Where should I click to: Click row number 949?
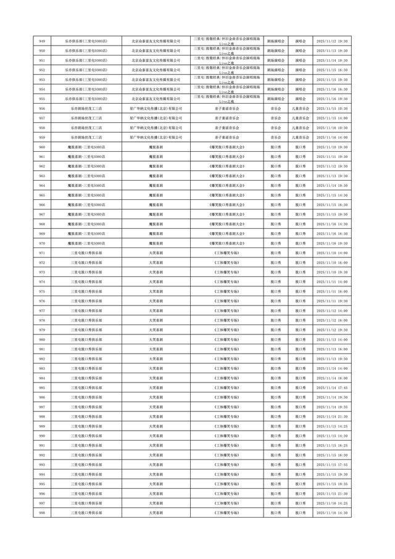coord(42,41)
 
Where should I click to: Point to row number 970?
coord(42,243)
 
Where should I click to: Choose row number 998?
coord(42,513)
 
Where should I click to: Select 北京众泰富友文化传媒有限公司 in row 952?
coord(156,70)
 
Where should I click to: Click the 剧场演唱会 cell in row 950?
coord(276,51)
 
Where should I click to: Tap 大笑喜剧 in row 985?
coord(156,387)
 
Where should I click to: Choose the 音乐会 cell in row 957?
coord(276,118)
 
